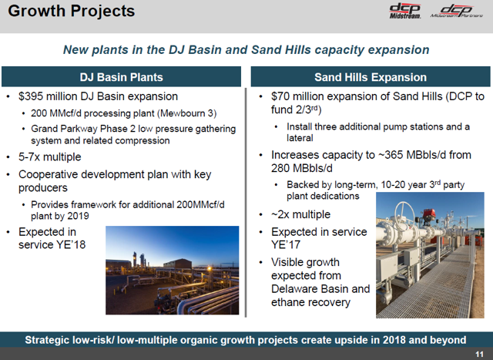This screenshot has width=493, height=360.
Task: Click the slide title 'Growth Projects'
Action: pyautogui.click(x=72, y=11)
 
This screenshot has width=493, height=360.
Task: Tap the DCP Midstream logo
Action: pyautogui.click(x=405, y=12)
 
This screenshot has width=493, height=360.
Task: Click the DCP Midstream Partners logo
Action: pyautogui.click(x=457, y=12)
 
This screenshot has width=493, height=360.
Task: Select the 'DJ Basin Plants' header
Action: pyautogui.click(x=122, y=77)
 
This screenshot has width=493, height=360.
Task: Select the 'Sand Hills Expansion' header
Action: pyautogui.click(x=371, y=77)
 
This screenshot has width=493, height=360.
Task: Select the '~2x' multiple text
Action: pyautogui.click(x=280, y=214)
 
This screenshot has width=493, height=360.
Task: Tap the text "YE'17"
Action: pyautogui.click(x=286, y=244)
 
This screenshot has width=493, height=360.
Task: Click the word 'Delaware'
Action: pyautogui.click(x=293, y=288)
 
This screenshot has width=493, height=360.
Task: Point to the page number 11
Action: pyautogui.click(x=479, y=355)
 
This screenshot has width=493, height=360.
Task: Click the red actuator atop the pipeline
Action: pyautogui.click(x=429, y=214)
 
